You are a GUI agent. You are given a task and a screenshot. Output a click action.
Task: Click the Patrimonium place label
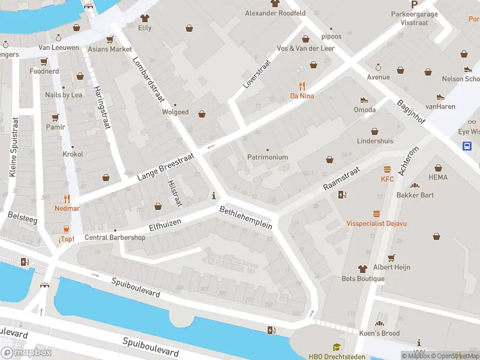268,157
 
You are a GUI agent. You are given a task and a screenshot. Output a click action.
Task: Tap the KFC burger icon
387,169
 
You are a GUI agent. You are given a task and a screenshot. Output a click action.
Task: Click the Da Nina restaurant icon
302,86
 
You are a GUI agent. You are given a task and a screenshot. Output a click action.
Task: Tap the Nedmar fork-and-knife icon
67,199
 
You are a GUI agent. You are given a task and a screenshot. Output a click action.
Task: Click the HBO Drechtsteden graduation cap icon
337,347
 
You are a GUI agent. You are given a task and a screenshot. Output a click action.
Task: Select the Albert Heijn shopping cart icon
391,257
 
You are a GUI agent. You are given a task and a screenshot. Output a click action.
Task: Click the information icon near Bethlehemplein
214,196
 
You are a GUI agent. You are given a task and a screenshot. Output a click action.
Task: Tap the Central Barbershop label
115,237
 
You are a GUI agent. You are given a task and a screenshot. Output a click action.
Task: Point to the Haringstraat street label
100,109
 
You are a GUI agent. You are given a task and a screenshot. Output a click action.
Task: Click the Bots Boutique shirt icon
362,269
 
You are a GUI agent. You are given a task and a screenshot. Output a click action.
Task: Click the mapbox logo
26,352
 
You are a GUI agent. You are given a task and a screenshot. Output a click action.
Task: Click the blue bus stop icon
467,145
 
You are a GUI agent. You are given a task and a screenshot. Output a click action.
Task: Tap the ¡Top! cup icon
67,229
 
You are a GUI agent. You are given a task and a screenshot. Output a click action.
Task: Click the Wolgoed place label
175,112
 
